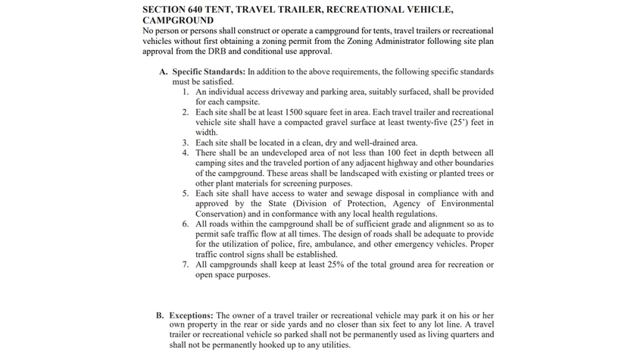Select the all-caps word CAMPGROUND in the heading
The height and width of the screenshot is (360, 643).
178,20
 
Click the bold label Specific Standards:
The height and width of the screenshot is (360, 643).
204,72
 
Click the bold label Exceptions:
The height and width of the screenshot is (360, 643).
192,315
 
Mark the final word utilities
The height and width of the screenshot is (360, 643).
332,345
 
